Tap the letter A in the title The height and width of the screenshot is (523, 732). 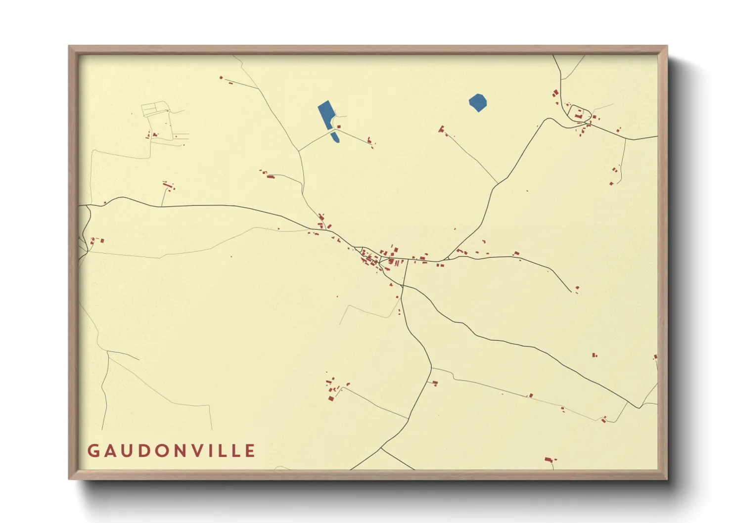coord(111,451)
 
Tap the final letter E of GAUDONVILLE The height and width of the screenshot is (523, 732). coord(251,451)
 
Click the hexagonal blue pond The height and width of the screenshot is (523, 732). coord(478,103)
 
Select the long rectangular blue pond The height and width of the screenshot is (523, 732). coord(326,115)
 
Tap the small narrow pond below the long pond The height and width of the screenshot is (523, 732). coord(335,137)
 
